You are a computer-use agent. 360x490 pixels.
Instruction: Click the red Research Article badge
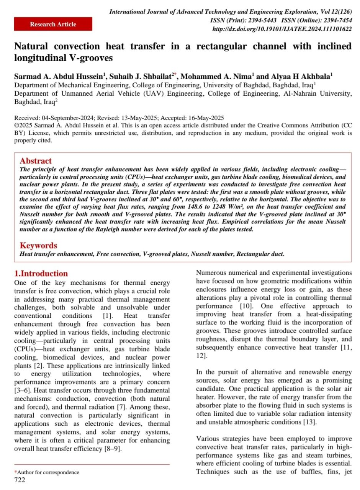53,24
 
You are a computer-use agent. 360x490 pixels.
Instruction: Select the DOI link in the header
282,29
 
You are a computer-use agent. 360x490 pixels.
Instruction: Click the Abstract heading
36,161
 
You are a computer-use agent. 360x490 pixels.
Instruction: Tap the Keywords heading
38,245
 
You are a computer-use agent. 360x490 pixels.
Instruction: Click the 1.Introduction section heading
41,273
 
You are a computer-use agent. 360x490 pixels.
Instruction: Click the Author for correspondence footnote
48,472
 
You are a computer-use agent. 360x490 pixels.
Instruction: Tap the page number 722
20,480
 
